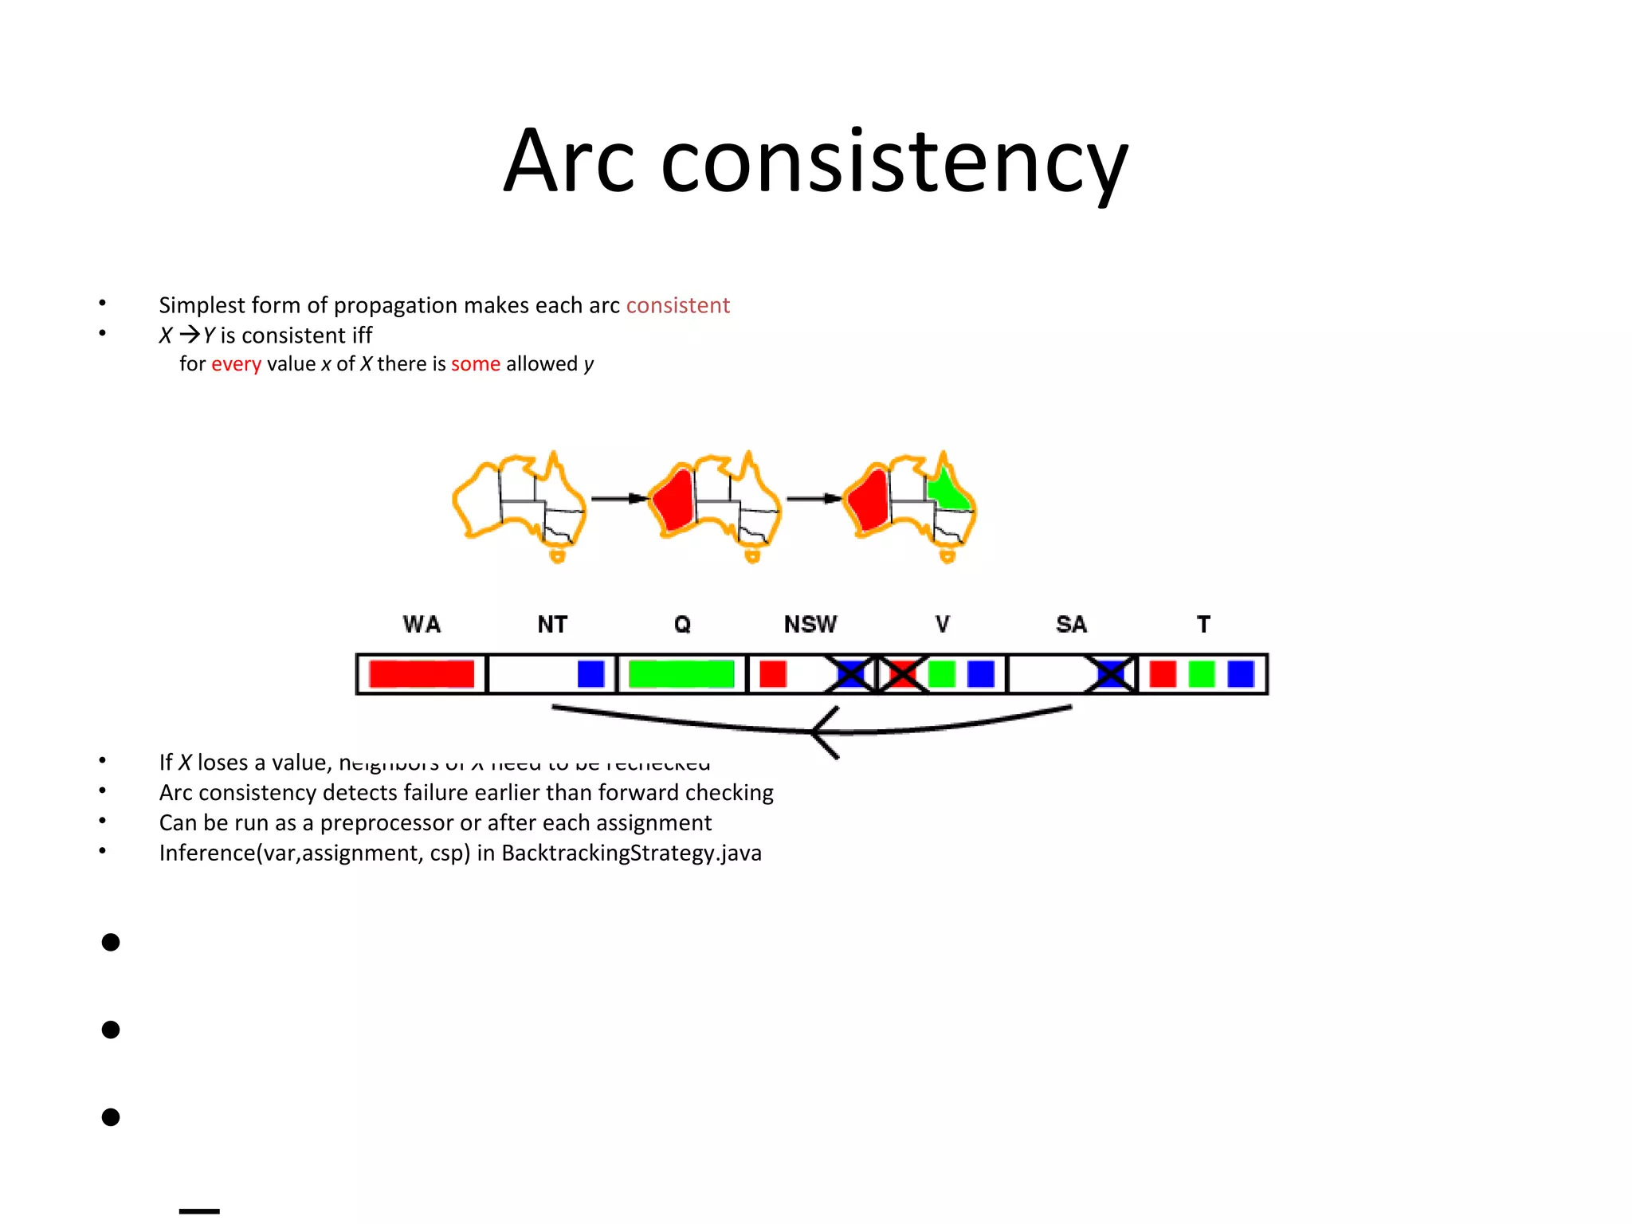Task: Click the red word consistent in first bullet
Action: click(677, 305)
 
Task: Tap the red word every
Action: click(236, 364)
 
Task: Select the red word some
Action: click(475, 364)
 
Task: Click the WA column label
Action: click(422, 624)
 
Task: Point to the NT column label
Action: click(552, 624)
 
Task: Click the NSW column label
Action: click(810, 624)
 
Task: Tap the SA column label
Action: click(1071, 624)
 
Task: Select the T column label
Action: click(1203, 624)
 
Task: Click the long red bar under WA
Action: click(422, 674)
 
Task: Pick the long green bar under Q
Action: click(681, 674)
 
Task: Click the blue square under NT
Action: click(590, 674)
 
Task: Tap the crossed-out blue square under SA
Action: click(1111, 674)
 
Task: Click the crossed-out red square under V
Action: click(902, 674)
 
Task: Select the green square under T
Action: click(1202, 674)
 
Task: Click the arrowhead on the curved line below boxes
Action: click(821, 732)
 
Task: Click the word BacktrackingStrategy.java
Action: click(631, 853)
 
